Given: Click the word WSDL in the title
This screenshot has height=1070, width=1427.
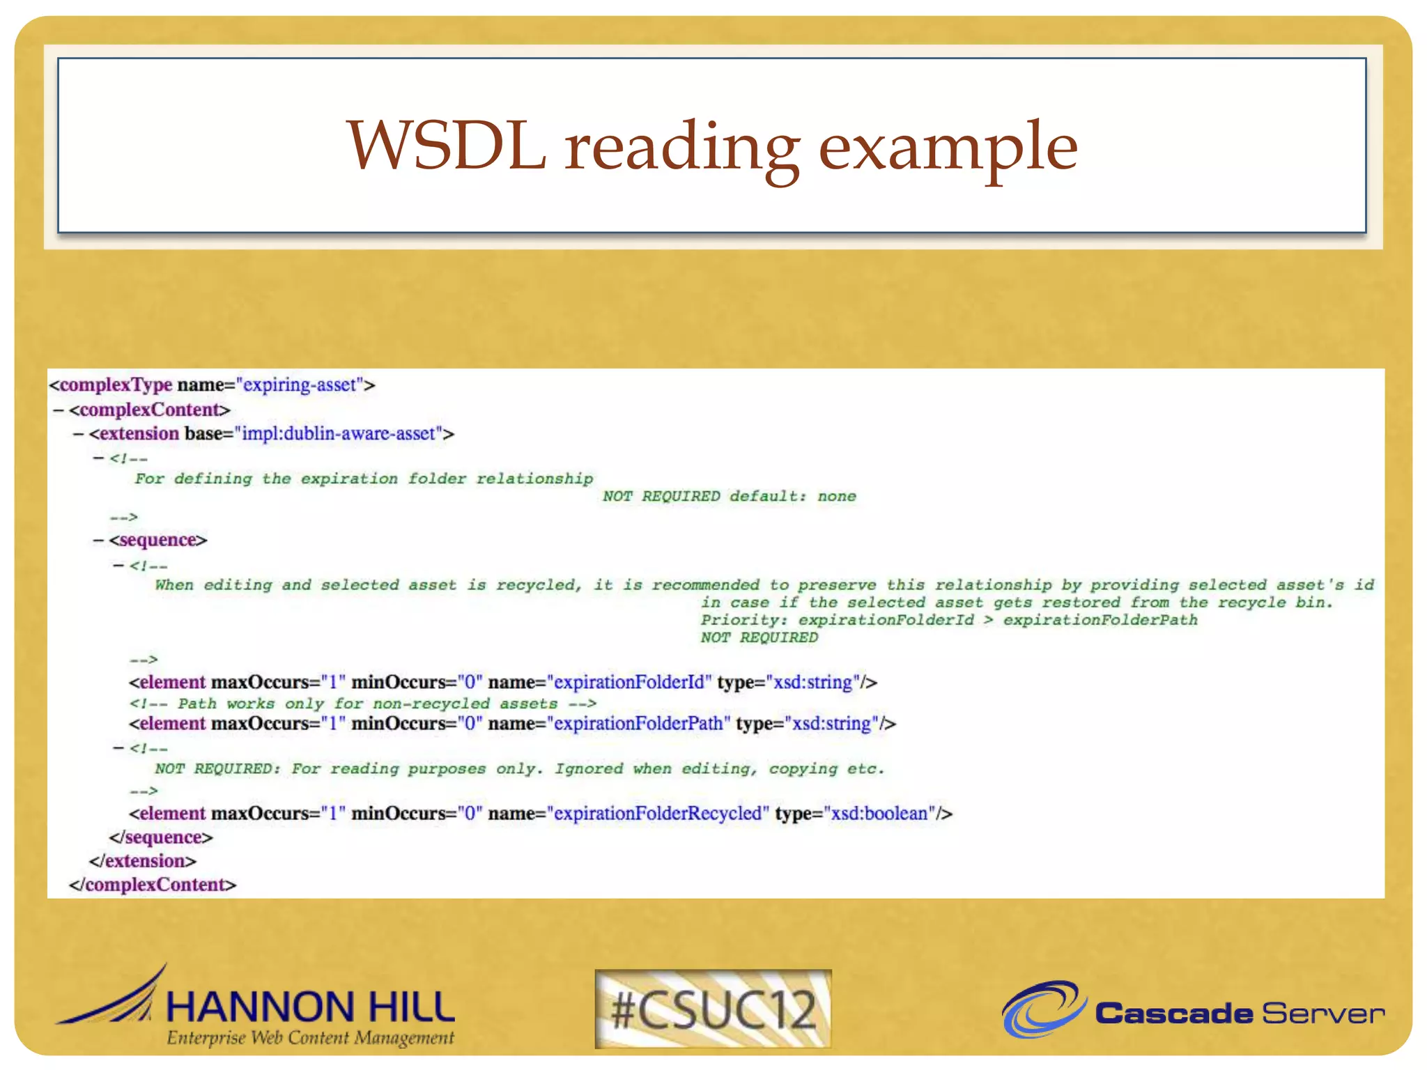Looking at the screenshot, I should click(x=447, y=146).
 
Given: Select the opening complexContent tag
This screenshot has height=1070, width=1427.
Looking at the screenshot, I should click(x=149, y=410).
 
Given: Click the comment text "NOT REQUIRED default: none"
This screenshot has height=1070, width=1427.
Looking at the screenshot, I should click(x=729, y=497).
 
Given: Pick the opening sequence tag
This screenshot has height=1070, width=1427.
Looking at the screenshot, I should click(x=158, y=541).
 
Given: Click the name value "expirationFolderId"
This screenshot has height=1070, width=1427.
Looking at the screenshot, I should click(x=629, y=683).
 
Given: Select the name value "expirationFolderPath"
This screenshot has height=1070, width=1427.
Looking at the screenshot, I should click(x=638, y=724).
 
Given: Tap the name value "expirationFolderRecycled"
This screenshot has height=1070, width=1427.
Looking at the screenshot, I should click(x=658, y=814).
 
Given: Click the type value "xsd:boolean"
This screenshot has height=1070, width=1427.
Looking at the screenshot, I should click(x=879, y=814).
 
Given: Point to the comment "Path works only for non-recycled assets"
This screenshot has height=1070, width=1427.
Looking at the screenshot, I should click(x=363, y=704).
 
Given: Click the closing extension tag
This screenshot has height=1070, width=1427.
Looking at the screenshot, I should click(x=143, y=861).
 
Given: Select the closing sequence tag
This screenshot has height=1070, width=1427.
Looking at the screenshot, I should click(x=161, y=837).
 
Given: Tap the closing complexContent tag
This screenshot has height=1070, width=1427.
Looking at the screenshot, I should click(x=153, y=885).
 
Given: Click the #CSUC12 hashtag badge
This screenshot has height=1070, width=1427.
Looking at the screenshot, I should click(x=713, y=1009).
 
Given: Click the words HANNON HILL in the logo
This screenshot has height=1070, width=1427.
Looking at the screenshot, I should click(x=311, y=1007).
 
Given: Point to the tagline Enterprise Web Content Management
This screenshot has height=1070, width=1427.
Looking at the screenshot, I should click(x=310, y=1038).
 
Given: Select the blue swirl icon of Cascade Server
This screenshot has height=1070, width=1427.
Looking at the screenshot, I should click(x=1043, y=1009).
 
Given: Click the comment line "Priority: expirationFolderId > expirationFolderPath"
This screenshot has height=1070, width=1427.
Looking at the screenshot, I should click(x=949, y=620).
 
